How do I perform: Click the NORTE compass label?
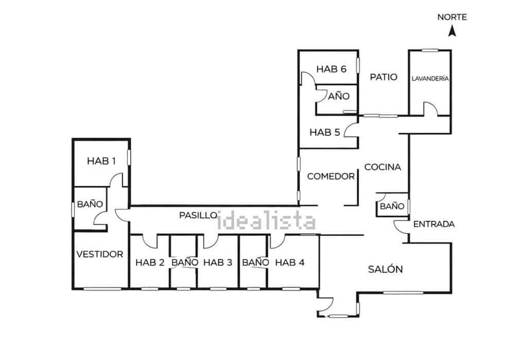pos(452,17)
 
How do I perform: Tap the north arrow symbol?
pos(452,31)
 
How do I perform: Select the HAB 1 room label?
pos(101,161)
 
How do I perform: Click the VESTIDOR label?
pos(100,254)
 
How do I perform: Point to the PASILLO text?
pos(198,215)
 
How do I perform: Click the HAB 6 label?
pos(331,69)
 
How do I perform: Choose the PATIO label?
pos(383,77)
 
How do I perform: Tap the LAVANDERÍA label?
pos(430,78)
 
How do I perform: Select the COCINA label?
pos(382,167)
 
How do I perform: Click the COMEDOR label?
pos(331,176)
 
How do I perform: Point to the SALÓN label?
pos(385,269)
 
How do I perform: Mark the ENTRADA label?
pos(434,224)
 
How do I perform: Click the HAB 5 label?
pos(325,132)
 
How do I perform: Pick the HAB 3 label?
pos(218,263)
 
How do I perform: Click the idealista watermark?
pos(267,220)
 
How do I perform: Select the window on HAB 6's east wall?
pos(358,65)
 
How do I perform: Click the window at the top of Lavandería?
pos(430,50)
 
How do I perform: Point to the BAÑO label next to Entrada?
pos(392,206)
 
